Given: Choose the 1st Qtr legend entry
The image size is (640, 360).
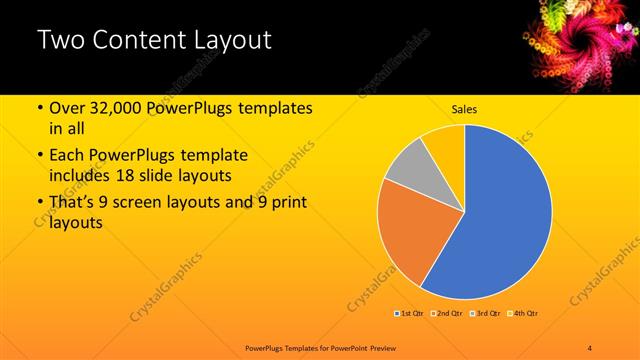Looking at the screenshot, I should click(410, 314).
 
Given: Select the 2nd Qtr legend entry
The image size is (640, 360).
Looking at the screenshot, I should click(447, 314).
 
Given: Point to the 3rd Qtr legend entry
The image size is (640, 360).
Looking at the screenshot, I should click(486, 314).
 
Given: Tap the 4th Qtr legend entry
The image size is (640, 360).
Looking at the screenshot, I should click(524, 314).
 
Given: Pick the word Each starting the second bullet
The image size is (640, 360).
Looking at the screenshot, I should click(68, 156).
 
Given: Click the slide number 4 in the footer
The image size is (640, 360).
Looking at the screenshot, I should click(590, 347).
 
